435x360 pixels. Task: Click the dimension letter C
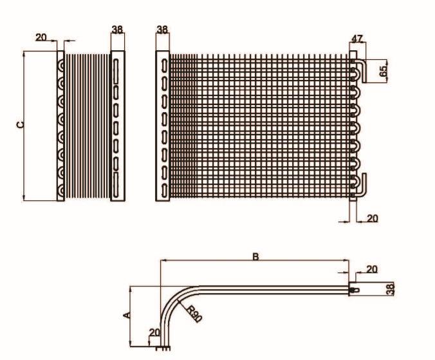click(20, 124)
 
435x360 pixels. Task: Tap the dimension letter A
click(126, 314)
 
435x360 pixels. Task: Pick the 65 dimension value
click(384, 71)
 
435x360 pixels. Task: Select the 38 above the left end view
click(117, 29)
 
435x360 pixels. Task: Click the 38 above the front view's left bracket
click(162, 29)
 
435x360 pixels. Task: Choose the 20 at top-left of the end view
click(41, 37)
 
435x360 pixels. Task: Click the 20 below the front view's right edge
click(372, 218)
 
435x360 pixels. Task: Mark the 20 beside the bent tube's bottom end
click(153, 332)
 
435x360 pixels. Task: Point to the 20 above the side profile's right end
click(372, 269)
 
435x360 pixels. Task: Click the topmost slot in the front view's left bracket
click(164, 66)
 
